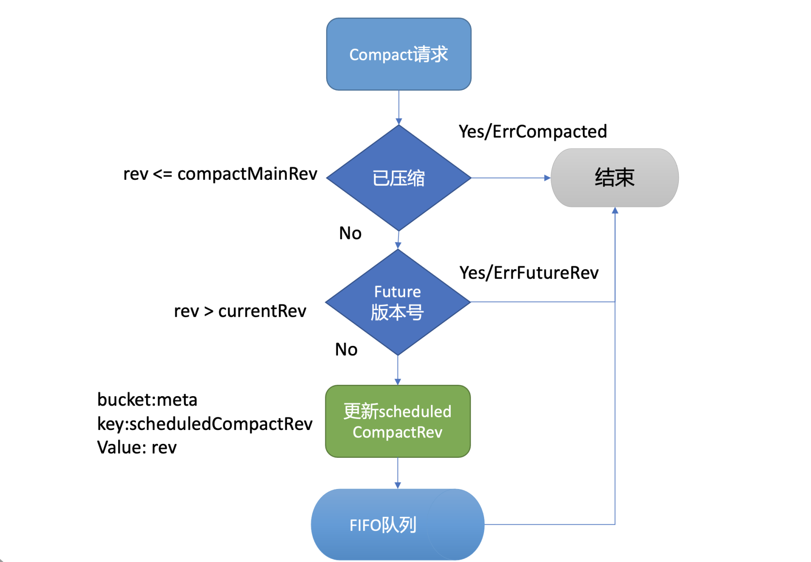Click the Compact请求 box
tap(398, 54)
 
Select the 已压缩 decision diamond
tap(398, 178)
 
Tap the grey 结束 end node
tap(614, 178)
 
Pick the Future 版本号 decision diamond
tap(397, 302)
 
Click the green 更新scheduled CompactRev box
tap(397, 421)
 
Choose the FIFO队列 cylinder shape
tap(397, 524)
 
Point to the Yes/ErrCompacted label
tap(533, 132)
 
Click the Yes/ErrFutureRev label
tap(529, 273)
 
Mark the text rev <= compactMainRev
tap(220, 174)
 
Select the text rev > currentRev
tap(240, 311)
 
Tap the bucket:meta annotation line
tap(147, 400)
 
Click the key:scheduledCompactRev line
tap(205, 424)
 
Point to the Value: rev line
tap(137, 447)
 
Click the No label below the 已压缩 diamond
tap(350, 233)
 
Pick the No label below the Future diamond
tap(346, 349)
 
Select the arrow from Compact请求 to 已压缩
tap(399, 107)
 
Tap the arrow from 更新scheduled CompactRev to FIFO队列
tap(397, 473)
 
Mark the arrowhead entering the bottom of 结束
tap(615, 211)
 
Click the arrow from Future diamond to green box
tap(397, 370)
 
